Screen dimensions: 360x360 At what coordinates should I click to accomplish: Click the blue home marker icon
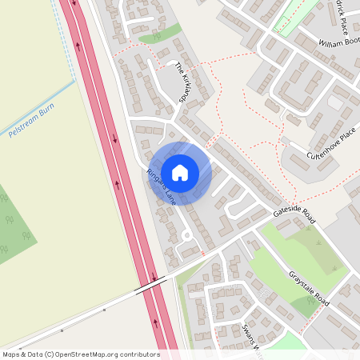(x=180, y=172)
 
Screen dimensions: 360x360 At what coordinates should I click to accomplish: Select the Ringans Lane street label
(x=161, y=187)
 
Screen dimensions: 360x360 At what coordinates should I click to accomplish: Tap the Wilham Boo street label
(x=338, y=41)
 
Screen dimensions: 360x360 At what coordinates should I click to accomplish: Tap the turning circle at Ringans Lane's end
(x=186, y=235)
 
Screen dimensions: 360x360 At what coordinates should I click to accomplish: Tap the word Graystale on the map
(x=298, y=278)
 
